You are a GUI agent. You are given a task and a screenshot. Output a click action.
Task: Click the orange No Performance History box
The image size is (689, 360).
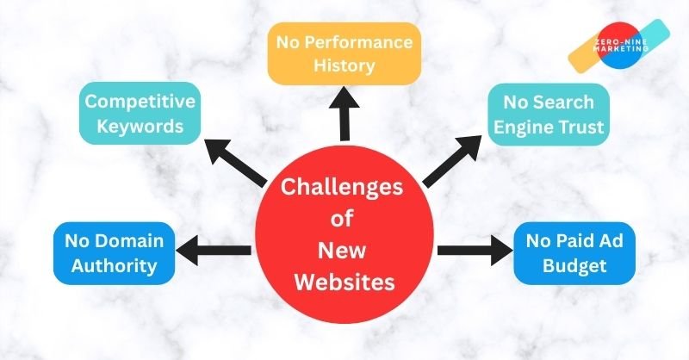[x=344, y=53]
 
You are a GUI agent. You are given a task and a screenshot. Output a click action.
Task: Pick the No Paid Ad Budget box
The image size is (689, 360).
[x=574, y=252]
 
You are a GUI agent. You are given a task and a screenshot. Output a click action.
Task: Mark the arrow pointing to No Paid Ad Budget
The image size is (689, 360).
[x=475, y=251]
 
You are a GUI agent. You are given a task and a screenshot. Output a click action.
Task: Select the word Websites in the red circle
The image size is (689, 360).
[x=344, y=281]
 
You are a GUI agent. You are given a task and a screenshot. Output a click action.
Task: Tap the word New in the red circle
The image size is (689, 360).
[x=344, y=250]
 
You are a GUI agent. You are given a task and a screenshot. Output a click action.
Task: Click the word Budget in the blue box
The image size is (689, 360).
[x=574, y=266]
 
